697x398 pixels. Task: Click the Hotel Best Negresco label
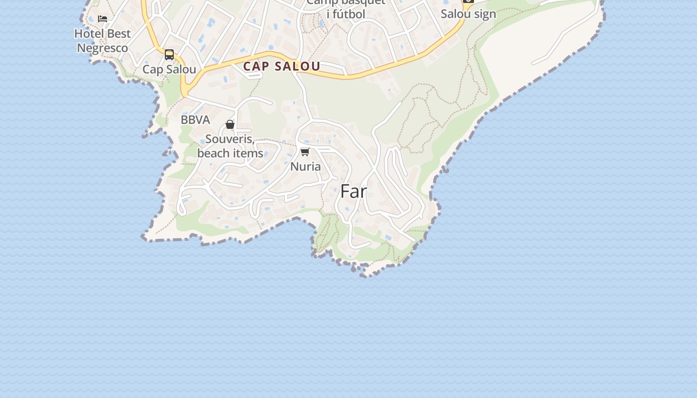(103, 41)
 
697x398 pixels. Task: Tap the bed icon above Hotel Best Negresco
(103, 19)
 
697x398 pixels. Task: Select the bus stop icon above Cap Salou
(169, 55)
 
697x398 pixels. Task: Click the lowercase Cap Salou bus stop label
(169, 69)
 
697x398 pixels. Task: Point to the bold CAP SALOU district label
(282, 66)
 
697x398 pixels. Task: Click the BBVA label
(195, 120)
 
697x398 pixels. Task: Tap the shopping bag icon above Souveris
(230, 124)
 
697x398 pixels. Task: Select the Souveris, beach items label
(230, 146)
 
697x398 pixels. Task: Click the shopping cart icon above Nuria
(305, 152)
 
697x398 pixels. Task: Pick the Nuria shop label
(305, 166)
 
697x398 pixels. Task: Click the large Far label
(353, 192)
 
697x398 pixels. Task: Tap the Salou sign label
(468, 14)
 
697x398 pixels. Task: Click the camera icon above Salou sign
(468, 1)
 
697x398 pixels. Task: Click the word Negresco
(103, 48)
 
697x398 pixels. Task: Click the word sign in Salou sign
(485, 14)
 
